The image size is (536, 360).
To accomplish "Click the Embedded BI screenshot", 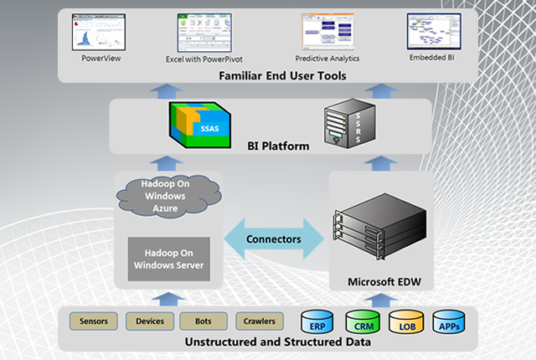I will pos(433,33).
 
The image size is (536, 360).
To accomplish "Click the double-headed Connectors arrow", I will pos(274,239).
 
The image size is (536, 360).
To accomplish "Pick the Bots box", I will pos(204,321).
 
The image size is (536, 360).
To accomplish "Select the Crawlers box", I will pos(255,321).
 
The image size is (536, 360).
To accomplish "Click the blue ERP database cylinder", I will pos(317,323).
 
